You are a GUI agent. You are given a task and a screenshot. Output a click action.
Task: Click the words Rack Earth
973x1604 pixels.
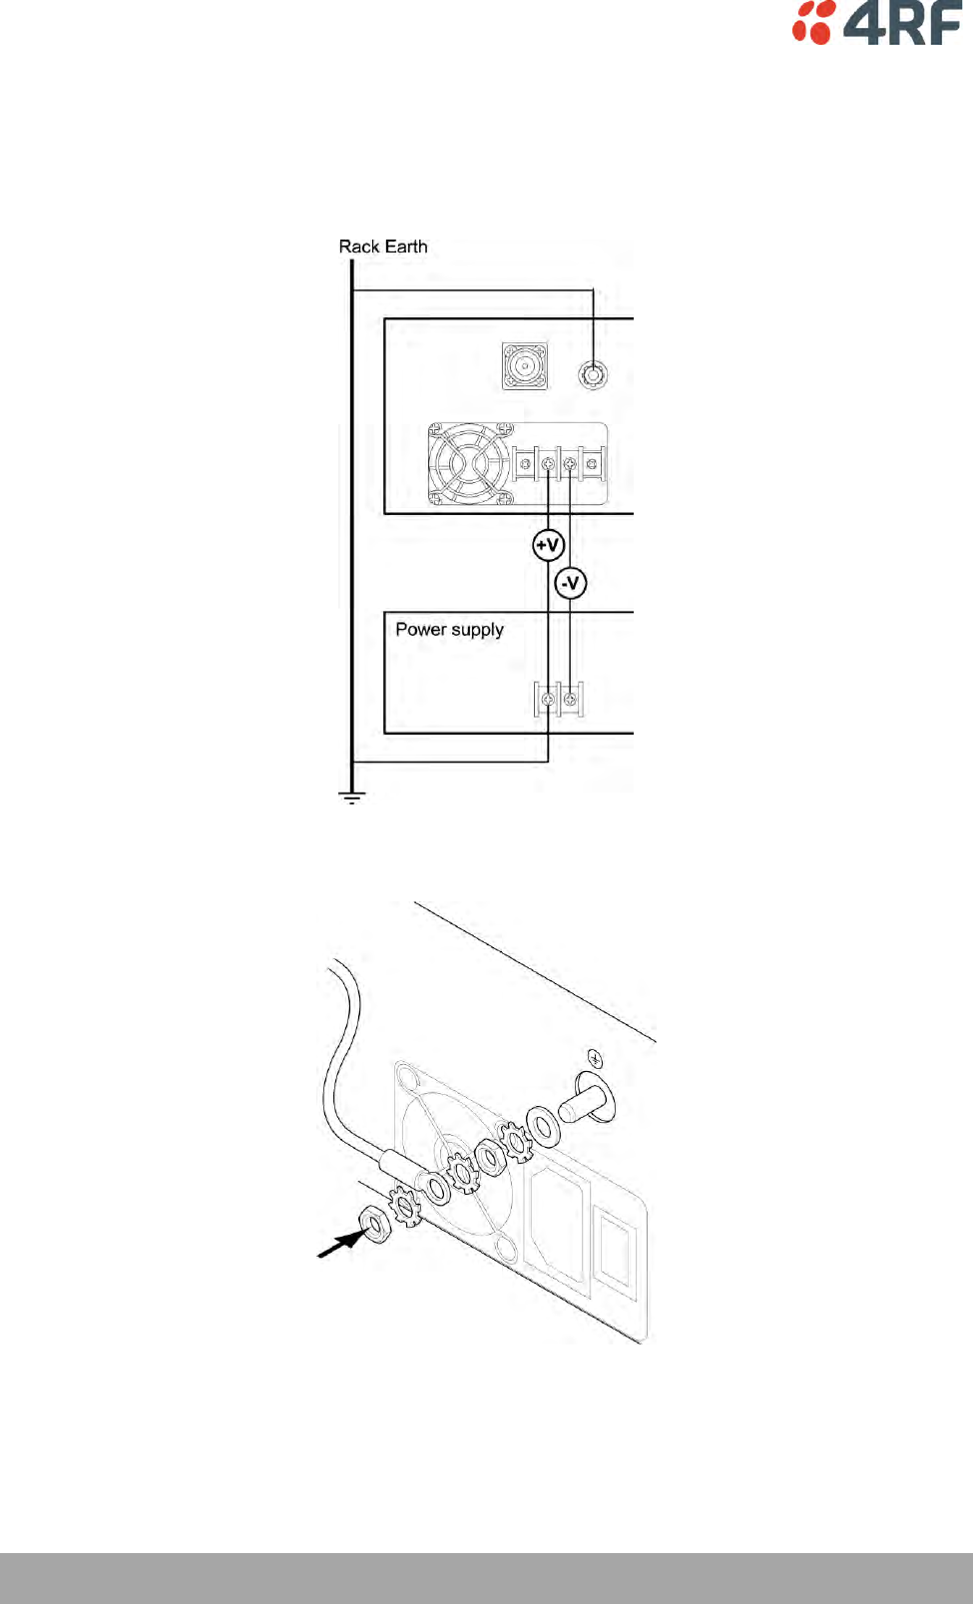pyautogui.click(x=383, y=247)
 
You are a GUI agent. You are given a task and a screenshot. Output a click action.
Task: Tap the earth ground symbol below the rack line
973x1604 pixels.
pyautogui.click(x=351, y=797)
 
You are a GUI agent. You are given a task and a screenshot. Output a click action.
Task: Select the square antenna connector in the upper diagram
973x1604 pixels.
pyautogui.click(x=524, y=367)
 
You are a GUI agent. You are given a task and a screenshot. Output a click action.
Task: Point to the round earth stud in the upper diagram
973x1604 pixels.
pyautogui.click(x=593, y=375)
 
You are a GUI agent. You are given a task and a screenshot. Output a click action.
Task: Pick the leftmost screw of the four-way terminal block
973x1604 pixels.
pyautogui.click(x=526, y=465)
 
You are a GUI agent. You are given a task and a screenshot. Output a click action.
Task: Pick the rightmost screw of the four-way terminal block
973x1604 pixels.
pyautogui.click(x=592, y=465)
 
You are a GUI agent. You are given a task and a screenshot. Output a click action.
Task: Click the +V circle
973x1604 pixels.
pyautogui.click(x=548, y=545)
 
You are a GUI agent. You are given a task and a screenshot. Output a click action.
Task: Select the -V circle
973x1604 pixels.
pyautogui.click(x=570, y=583)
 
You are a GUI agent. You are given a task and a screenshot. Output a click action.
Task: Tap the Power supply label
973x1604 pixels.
pyautogui.click(x=449, y=630)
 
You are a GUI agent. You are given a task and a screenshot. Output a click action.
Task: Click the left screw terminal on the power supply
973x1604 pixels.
pyautogui.click(x=548, y=700)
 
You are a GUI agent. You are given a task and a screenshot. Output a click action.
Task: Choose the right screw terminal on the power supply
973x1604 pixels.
pyautogui.click(x=570, y=700)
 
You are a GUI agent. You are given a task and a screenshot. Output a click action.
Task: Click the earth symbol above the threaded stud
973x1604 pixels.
pyautogui.click(x=595, y=1057)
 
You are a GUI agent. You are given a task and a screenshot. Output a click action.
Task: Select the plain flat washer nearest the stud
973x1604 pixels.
pyautogui.click(x=544, y=1126)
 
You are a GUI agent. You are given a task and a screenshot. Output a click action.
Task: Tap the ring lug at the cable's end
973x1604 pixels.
pyautogui.click(x=436, y=1187)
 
